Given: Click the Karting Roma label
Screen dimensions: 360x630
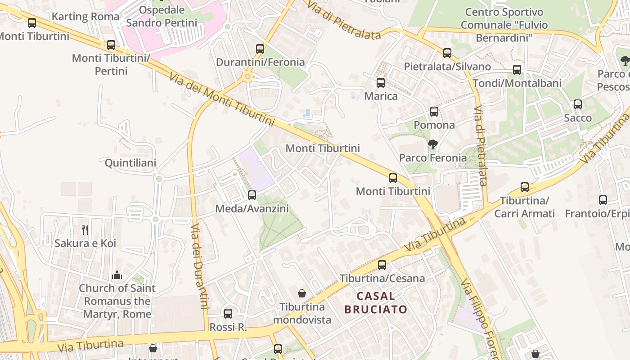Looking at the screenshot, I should coord(85,17).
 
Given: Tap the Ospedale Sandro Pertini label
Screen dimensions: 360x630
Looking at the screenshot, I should coord(162,16).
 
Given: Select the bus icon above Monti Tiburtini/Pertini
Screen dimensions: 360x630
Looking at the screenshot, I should coord(111,45).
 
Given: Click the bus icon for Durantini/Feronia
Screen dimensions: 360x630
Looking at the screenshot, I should coord(260,49).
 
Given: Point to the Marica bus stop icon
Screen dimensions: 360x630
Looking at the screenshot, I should coord(381,83).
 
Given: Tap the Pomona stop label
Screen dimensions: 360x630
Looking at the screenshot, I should coord(434,125).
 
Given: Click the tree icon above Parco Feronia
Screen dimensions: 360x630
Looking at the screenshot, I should coord(433,144).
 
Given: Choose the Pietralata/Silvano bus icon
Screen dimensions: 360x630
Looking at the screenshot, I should coord(447,53).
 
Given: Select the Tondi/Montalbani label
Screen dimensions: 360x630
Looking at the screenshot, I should coord(517,83).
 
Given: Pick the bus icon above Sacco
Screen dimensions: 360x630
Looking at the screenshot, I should coord(578,104).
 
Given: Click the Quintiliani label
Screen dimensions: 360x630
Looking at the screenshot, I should coord(130,163).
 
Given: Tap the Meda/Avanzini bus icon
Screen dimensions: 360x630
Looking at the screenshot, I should coord(252,195).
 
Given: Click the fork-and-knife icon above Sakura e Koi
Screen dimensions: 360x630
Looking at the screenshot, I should coord(85,230).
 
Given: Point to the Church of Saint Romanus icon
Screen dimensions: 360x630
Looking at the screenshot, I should coord(117,275).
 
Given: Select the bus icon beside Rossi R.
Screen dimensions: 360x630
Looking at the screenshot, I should coord(228,314).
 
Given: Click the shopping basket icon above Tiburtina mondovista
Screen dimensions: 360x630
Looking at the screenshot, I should coord(302,293).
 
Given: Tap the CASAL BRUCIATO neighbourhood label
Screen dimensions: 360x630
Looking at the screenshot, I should coord(376,303).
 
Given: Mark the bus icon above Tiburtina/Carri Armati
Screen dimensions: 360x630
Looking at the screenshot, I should coord(525,187).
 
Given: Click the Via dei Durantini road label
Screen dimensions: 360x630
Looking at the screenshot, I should coord(198,265).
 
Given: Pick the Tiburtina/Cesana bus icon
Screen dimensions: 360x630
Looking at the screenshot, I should coord(382,265).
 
